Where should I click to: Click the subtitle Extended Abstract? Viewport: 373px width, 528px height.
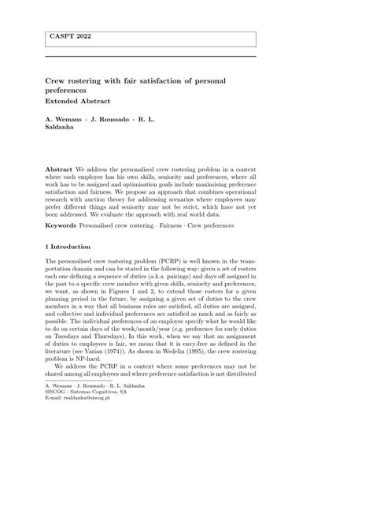[77, 102]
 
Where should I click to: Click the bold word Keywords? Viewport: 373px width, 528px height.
[62, 225]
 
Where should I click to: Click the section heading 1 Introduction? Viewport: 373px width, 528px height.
[73, 247]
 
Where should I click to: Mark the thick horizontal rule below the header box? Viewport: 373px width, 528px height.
[150, 56]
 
